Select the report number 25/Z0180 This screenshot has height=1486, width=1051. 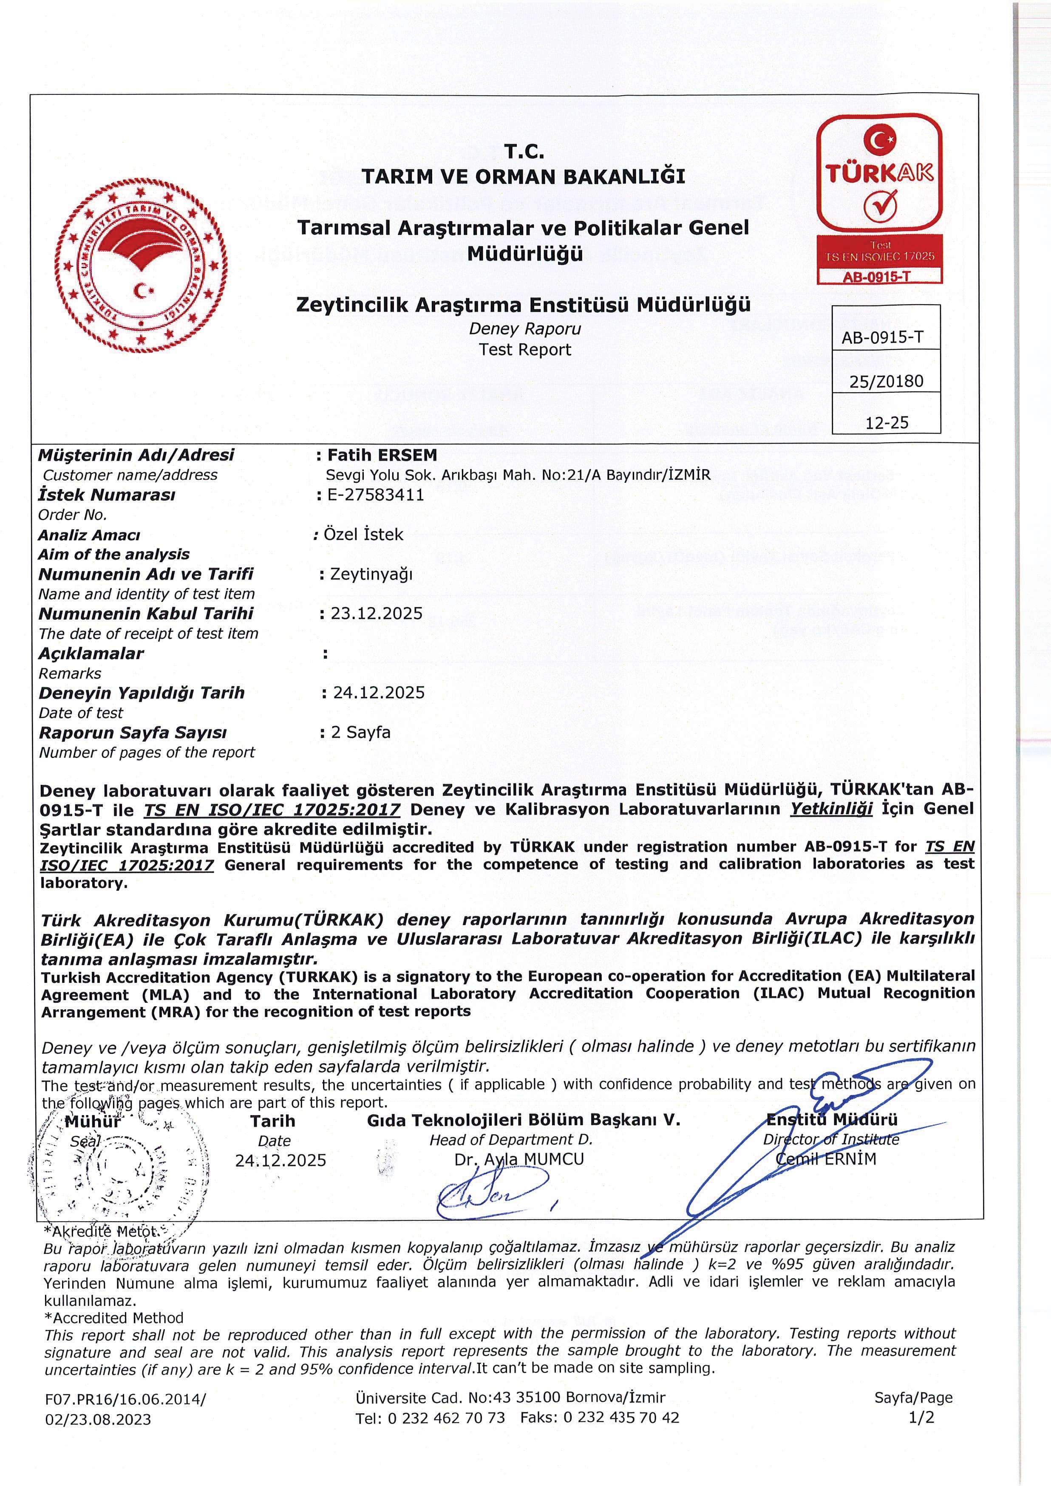point(886,381)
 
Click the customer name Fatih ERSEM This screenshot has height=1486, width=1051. point(382,455)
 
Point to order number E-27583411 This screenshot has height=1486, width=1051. point(375,495)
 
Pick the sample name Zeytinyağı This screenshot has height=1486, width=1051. point(371,574)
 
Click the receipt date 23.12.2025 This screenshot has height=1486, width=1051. point(376,614)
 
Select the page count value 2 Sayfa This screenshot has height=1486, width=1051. point(360,732)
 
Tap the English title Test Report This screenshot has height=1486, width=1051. point(525,349)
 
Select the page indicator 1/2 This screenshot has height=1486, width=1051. point(921,1418)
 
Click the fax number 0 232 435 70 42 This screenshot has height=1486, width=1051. point(621,1418)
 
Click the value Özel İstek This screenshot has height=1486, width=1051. point(363,535)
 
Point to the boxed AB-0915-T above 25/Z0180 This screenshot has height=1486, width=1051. point(882,337)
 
